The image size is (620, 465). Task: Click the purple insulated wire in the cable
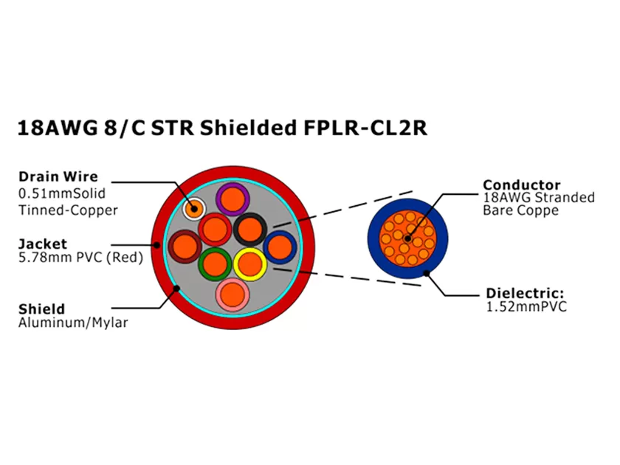234,198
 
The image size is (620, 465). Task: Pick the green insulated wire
216,263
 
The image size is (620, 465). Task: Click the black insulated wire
249,229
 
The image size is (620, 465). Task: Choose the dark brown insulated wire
184,245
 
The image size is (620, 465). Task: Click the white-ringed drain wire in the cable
195,207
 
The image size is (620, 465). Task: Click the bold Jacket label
42,244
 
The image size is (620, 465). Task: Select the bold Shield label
41,309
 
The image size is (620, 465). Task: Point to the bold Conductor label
521,185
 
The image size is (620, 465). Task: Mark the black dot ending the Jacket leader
158,244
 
